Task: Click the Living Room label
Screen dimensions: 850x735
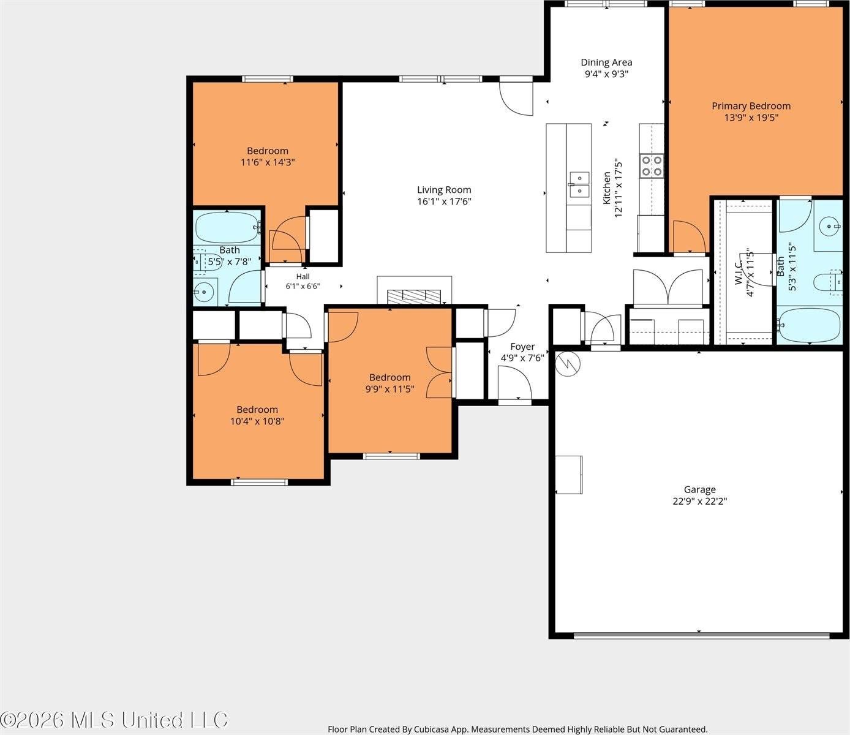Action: [444, 190]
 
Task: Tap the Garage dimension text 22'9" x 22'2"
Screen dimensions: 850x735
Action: [699, 501]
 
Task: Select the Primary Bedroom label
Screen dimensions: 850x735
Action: [751, 106]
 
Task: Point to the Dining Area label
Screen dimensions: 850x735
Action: [606, 62]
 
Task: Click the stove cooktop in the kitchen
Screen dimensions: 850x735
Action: [652, 166]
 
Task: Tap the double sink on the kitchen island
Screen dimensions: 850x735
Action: [579, 185]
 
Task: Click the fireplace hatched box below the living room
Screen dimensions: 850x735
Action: [414, 296]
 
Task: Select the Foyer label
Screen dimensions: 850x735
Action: [522, 347]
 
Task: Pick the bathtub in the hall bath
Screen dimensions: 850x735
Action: [227, 228]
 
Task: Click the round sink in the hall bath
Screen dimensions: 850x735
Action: [205, 292]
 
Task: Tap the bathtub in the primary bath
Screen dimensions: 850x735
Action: [809, 325]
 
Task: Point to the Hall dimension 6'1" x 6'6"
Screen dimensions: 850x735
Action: [303, 286]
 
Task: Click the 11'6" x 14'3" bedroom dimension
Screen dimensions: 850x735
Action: [268, 162]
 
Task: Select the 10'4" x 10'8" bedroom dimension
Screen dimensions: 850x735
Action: [257, 421]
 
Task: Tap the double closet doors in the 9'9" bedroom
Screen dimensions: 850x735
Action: [439, 372]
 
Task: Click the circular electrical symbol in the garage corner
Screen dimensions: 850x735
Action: [568, 363]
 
